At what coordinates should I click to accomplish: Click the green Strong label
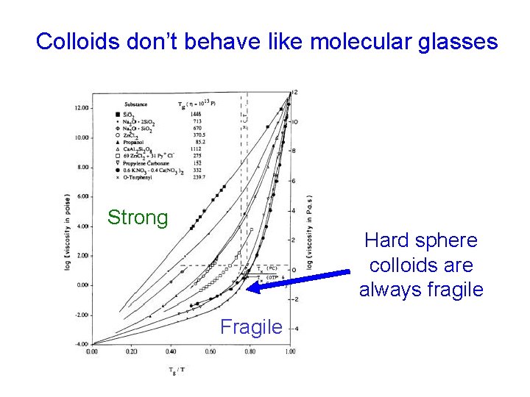(138, 218)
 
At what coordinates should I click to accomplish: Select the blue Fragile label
(251, 326)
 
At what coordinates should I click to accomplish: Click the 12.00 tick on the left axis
(81, 107)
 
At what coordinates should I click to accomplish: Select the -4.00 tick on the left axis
(81, 344)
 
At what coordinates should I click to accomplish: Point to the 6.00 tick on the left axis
(81, 196)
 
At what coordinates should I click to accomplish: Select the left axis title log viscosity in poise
(67, 232)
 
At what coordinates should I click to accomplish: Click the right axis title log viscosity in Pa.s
(309, 232)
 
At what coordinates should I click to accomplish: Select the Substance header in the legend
(139, 104)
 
